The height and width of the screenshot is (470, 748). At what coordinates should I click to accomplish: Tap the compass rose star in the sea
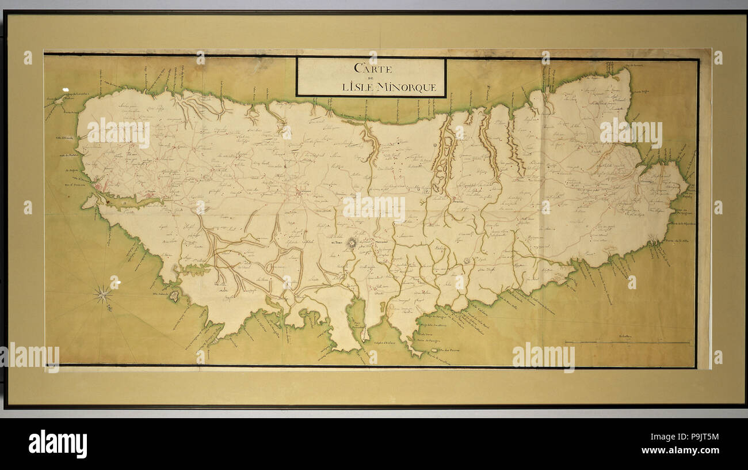click(103, 294)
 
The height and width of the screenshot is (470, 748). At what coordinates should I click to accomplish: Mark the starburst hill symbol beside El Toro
click(352, 242)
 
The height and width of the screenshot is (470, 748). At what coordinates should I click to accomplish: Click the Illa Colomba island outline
click(173, 295)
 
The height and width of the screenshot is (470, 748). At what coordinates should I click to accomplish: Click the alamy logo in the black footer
click(58, 444)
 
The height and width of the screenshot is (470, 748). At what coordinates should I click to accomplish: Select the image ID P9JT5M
click(696, 437)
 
